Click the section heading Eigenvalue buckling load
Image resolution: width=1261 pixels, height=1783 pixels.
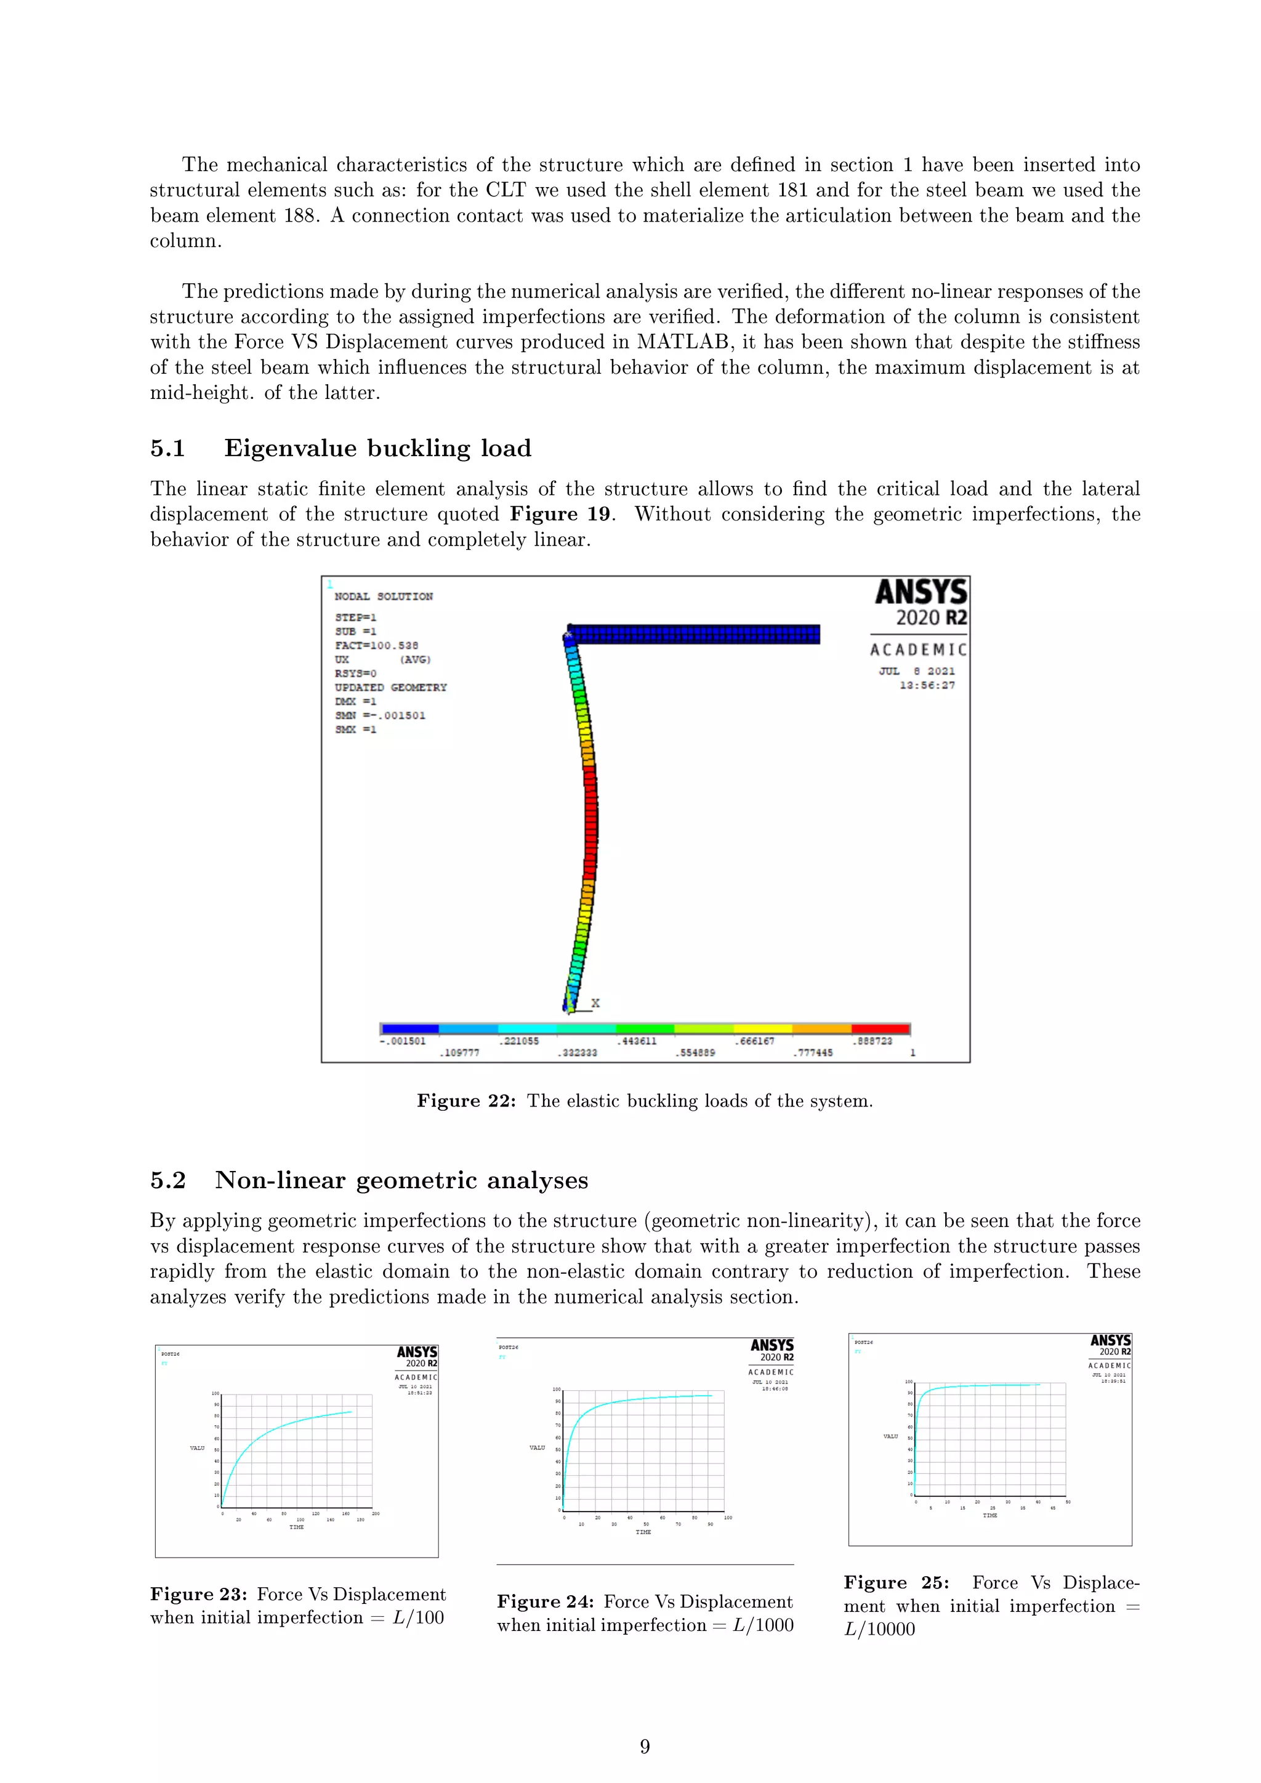[x=377, y=448]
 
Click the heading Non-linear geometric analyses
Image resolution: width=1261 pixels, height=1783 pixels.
[x=401, y=1180]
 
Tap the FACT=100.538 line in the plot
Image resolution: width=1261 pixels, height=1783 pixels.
[x=377, y=645]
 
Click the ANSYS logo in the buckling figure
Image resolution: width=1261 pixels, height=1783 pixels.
[x=921, y=592]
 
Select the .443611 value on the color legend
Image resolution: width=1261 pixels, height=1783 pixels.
[x=637, y=1040]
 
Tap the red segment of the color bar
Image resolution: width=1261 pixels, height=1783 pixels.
[x=880, y=1028]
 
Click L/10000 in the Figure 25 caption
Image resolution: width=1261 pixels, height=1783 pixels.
[x=880, y=1628]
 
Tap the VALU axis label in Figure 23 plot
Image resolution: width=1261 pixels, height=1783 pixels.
[x=197, y=1447]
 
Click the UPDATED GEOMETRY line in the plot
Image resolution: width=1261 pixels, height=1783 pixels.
[x=390, y=687]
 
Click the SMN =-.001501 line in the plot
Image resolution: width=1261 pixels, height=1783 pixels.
[x=381, y=715]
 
